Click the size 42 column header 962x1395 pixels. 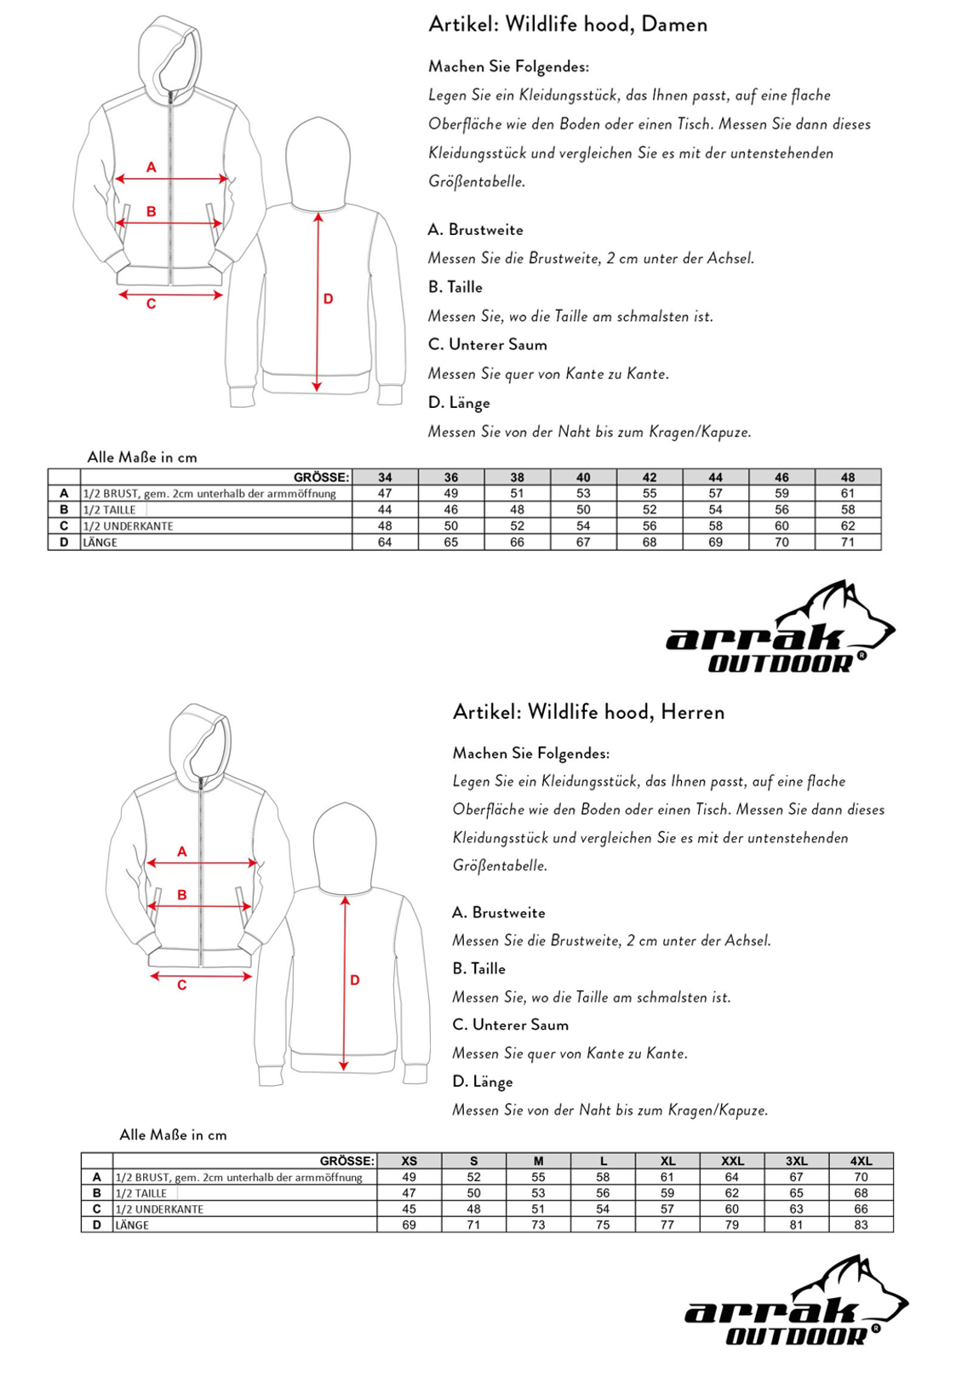click(x=650, y=477)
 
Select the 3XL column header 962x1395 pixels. click(x=796, y=1161)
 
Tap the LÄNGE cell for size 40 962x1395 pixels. click(x=583, y=542)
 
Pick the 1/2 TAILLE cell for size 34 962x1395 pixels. click(x=385, y=510)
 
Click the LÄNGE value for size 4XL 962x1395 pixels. click(x=861, y=1225)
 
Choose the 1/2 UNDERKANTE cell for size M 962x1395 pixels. click(x=538, y=1209)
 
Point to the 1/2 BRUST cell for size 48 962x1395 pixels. click(x=848, y=493)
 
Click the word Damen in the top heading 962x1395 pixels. click(x=674, y=25)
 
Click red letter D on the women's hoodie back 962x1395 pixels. click(x=328, y=299)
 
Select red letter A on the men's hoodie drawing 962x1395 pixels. click(x=181, y=852)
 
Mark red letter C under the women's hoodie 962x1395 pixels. click(x=151, y=304)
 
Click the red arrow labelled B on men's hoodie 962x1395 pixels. click(x=199, y=906)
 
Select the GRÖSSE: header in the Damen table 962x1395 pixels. click(x=321, y=477)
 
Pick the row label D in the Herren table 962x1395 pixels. click(x=97, y=1225)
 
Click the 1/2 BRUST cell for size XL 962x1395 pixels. click(x=667, y=1177)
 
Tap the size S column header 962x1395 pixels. click(x=473, y=1161)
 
